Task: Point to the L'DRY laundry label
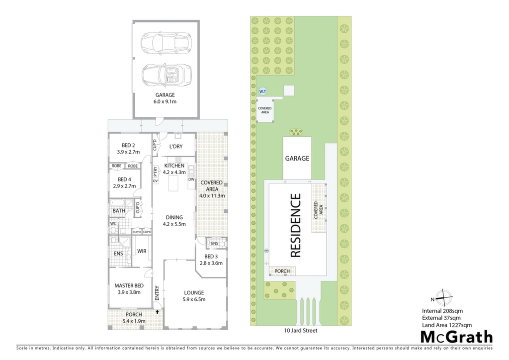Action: [176, 146]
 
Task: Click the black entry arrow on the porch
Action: [158, 312]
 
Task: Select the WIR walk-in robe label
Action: [142, 251]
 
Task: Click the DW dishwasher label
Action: [191, 180]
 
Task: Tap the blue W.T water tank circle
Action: [262, 91]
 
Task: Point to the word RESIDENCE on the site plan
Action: [295, 226]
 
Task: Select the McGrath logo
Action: [456, 337]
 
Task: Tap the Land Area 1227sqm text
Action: [447, 325]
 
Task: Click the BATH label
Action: [119, 211]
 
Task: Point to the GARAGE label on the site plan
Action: [297, 159]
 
